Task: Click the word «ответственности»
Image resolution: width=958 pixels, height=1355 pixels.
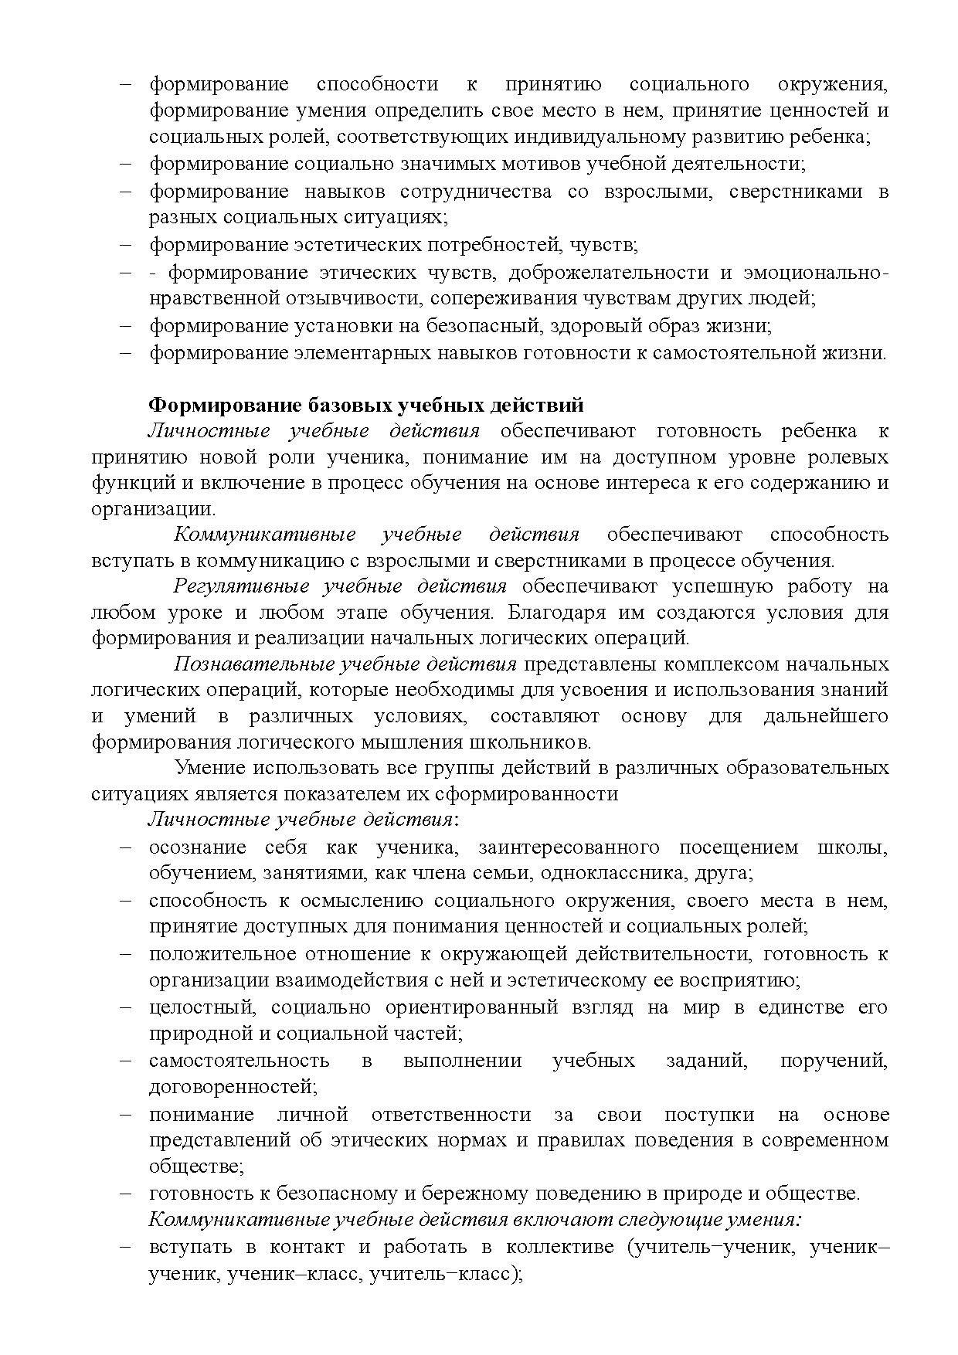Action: pos(451,1115)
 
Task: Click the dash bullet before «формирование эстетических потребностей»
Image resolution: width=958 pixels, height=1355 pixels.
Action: pos(127,246)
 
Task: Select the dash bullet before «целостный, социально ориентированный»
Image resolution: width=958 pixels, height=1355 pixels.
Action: pos(127,1008)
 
